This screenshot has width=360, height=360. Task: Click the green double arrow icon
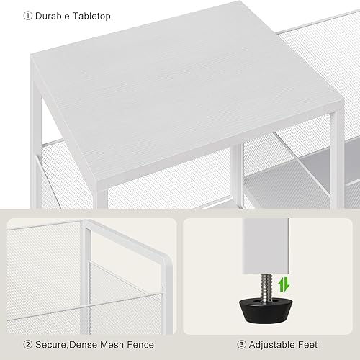[x=282, y=284]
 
